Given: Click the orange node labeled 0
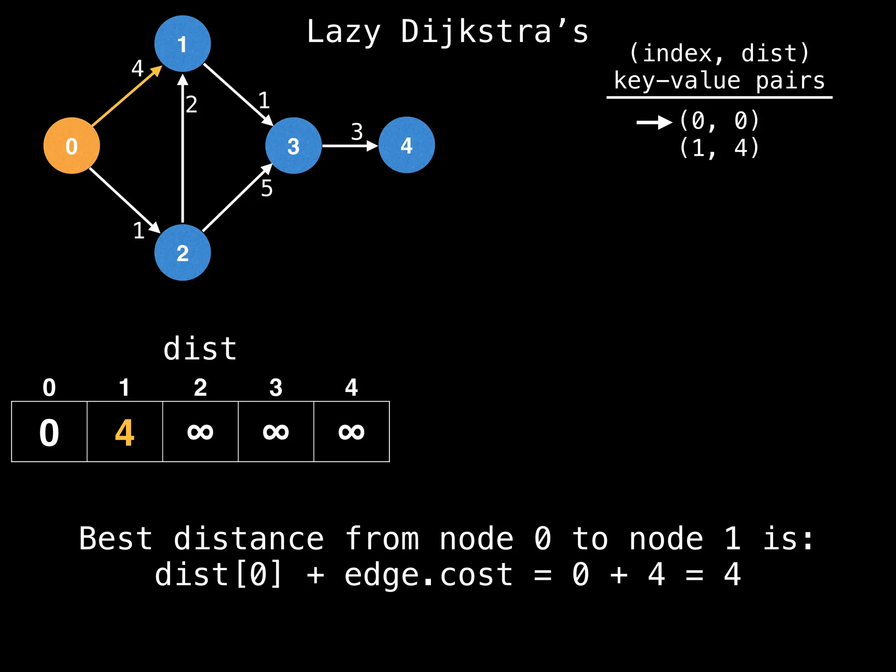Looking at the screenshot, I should [72, 146].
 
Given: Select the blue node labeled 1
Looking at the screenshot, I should [182, 44].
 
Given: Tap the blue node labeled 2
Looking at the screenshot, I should [182, 252].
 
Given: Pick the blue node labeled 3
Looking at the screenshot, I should [293, 146].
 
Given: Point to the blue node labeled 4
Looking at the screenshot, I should [406, 145].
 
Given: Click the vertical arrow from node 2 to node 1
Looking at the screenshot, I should [182, 149].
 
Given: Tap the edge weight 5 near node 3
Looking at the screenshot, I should [267, 189].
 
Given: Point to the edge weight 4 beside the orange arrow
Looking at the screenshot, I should [137, 68].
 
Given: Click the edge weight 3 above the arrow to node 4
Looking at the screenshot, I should [357, 132].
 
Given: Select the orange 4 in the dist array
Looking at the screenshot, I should [125, 433].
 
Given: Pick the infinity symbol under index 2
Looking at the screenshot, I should [200, 432].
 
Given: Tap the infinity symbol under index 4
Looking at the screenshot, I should [351, 432].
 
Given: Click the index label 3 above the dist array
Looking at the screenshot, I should [276, 388].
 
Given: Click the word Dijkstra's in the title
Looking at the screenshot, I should [494, 32].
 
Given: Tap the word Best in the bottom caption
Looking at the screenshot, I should [116, 539].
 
